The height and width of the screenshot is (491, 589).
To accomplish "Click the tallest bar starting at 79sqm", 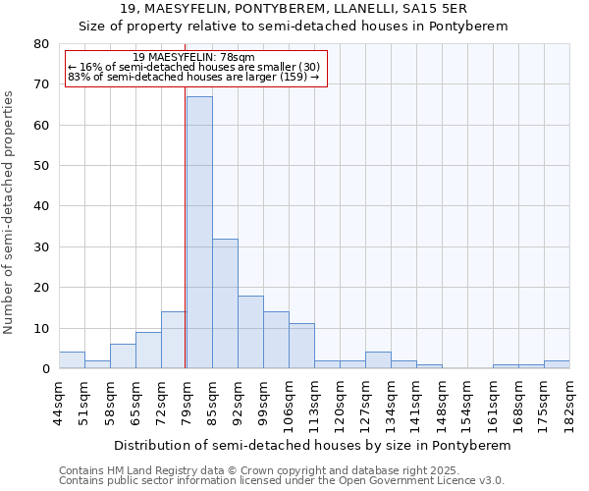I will pyautogui.click(x=199, y=233).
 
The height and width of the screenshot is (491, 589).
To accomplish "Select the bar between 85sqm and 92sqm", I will pyautogui.click(x=225, y=303).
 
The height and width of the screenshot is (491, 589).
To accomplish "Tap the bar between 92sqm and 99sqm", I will pyautogui.click(x=250, y=332).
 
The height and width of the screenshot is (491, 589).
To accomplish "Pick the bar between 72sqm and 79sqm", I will pyautogui.click(x=174, y=340).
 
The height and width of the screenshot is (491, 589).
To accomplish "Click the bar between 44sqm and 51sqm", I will pyautogui.click(x=72, y=360).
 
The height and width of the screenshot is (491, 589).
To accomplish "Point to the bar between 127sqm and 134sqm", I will pyautogui.click(x=378, y=360).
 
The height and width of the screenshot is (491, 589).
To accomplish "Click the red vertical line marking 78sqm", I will pyautogui.click(x=185, y=245).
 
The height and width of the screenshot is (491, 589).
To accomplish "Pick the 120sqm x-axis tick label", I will pyautogui.click(x=340, y=400).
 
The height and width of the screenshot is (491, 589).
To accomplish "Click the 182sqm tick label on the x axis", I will pyautogui.click(x=569, y=400).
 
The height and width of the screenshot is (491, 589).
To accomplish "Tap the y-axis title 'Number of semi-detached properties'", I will pyautogui.click(x=10, y=212).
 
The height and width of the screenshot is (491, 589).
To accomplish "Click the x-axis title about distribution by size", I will pyautogui.click(x=313, y=445).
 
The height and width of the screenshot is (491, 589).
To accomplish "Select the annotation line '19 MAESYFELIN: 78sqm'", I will pyautogui.click(x=193, y=58).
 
